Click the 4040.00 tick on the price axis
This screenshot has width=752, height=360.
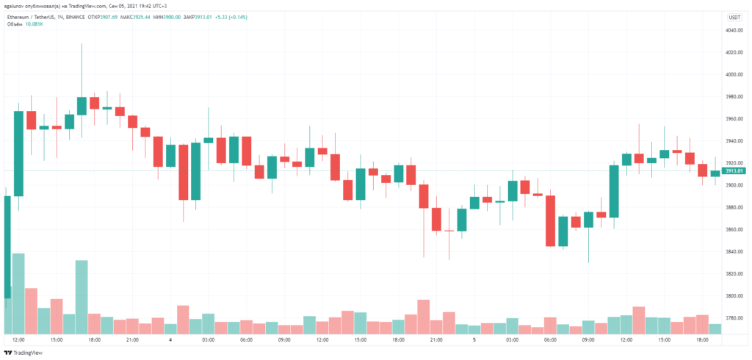(x=734, y=30)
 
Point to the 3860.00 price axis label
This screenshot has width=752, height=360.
(x=734, y=229)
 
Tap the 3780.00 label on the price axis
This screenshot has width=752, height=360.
(x=734, y=317)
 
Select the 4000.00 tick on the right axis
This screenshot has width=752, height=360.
(x=734, y=74)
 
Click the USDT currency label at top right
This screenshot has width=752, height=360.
(x=734, y=16)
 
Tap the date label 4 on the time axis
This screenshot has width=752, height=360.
(x=170, y=340)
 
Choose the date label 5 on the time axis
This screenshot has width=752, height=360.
(x=474, y=340)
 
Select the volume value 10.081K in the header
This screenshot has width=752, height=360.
(x=34, y=24)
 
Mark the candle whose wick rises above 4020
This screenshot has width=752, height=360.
(x=82, y=105)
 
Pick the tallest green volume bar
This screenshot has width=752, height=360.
(x=18, y=293)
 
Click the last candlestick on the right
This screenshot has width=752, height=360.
(x=715, y=173)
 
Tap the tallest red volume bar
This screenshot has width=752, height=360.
(x=31, y=310)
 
